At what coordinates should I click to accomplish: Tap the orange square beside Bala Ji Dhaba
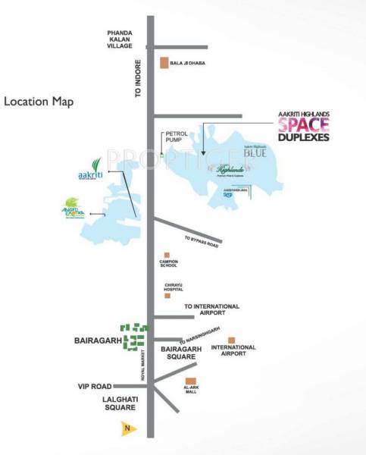click(163, 64)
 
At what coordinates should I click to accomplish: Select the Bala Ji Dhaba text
click(189, 64)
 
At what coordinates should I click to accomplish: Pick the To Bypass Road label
click(201, 242)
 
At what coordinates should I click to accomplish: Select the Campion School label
click(167, 264)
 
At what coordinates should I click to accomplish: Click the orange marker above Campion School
click(167, 255)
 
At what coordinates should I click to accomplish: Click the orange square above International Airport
click(232, 340)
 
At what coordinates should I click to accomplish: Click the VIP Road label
click(95, 386)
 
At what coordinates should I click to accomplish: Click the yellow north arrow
click(128, 428)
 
